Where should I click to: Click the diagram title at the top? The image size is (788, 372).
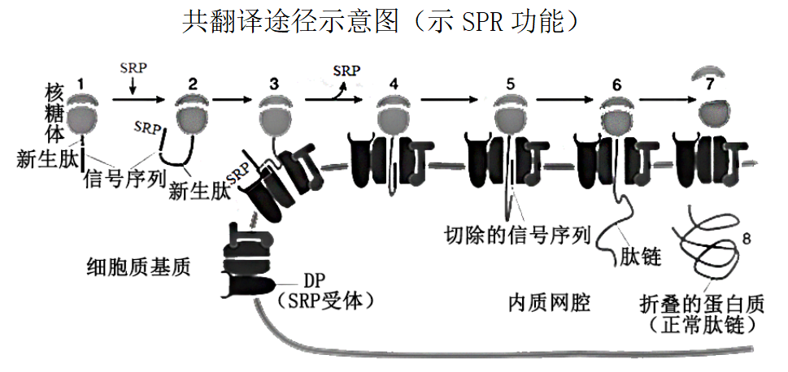(382, 21)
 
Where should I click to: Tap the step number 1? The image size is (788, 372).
(81, 83)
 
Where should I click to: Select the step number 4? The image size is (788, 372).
(394, 84)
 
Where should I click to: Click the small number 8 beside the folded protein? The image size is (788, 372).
(748, 239)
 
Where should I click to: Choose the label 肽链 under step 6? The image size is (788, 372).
(638, 257)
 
